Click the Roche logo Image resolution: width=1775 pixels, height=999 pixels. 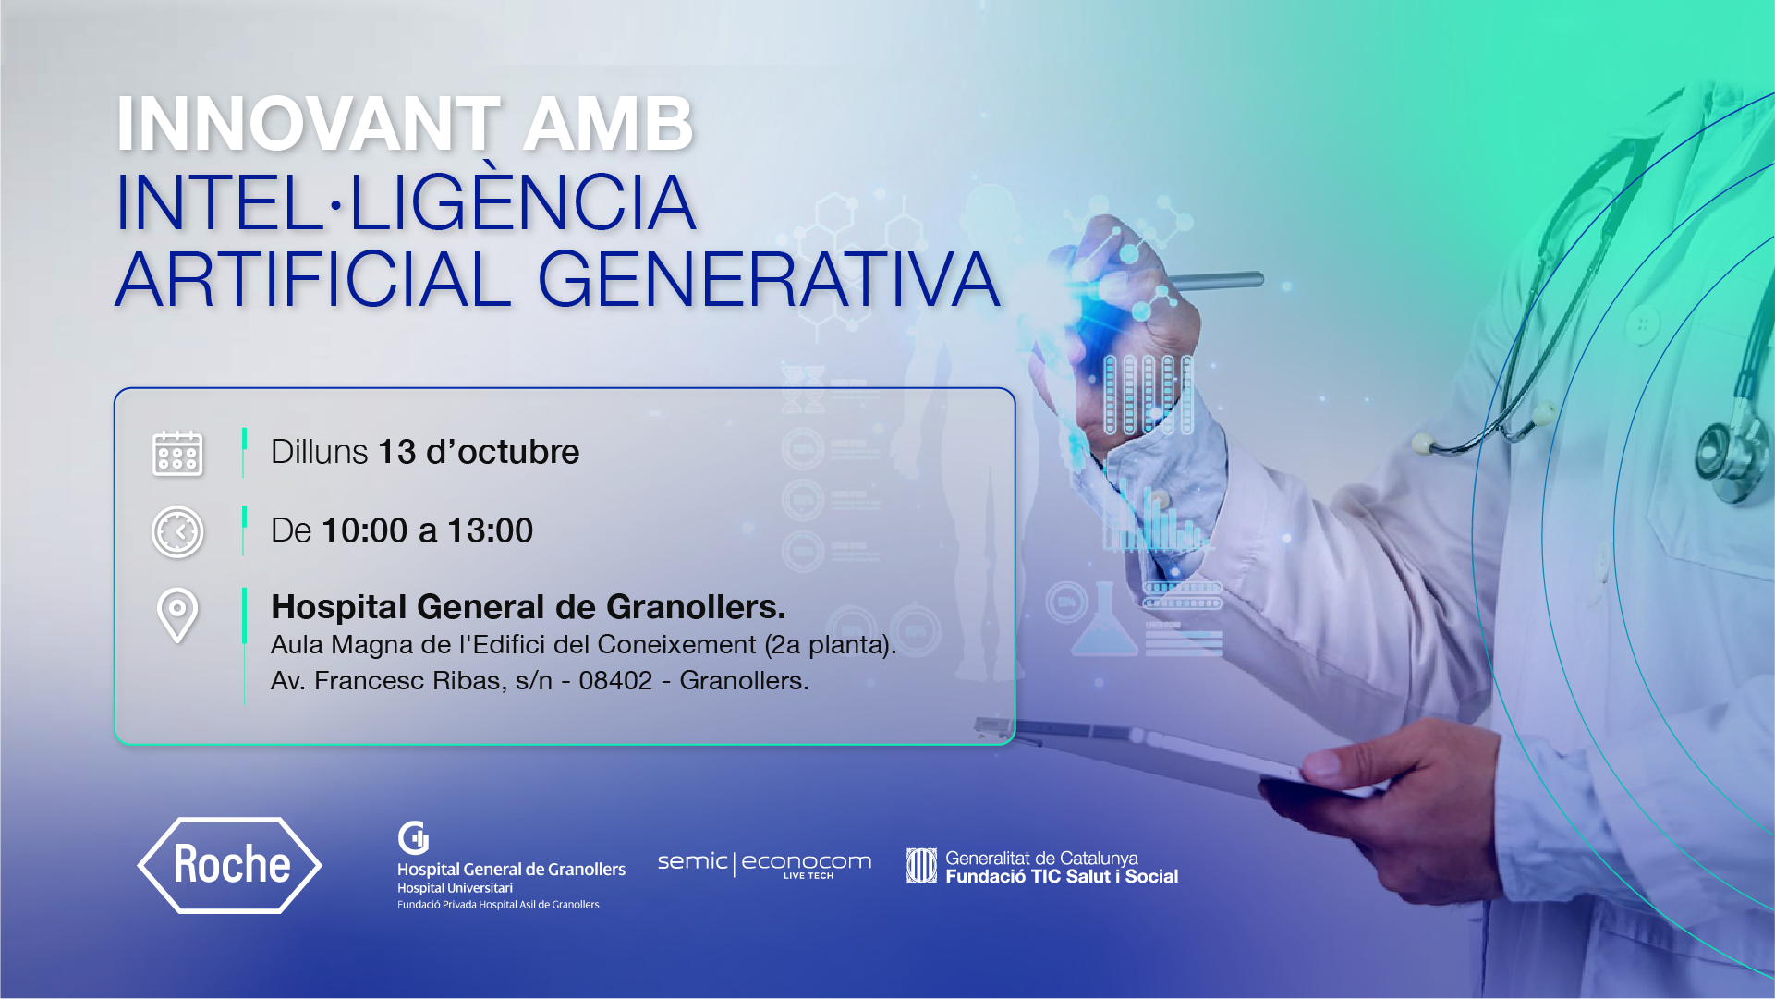[230, 865]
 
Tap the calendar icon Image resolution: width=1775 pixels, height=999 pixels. [177, 453]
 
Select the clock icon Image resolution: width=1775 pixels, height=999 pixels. [177, 531]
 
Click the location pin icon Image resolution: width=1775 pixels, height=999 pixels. [177, 615]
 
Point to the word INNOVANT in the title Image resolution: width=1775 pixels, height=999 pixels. [309, 124]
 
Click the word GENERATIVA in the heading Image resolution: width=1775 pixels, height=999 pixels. [769, 279]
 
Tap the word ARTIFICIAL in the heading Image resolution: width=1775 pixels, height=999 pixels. [313, 279]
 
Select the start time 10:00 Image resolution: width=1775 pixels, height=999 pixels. [365, 530]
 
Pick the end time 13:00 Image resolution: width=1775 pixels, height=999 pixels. [491, 530]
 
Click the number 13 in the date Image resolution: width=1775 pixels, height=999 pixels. [397, 452]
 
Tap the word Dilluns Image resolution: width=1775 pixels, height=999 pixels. [320, 452]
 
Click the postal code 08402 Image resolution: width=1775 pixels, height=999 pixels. [615, 681]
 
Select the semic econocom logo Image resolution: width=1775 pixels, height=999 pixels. [764, 864]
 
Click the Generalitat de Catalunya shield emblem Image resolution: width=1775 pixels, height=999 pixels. [921, 866]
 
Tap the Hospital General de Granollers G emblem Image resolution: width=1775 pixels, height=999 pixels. [413, 838]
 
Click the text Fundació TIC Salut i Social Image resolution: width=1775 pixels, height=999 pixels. [1062, 877]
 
